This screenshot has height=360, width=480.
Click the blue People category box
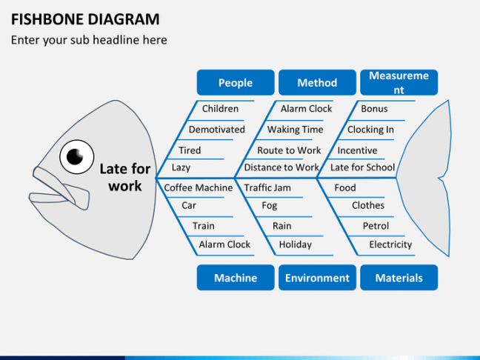click(236, 83)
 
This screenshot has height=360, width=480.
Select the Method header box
click(317, 83)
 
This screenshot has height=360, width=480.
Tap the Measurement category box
click(399, 83)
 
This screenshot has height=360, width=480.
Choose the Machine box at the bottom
click(236, 278)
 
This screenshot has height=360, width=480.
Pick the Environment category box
click(317, 278)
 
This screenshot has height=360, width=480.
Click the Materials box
click(399, 278)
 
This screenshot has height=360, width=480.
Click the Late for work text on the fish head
click(124, 178)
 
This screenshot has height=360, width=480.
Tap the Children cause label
click(220, 109)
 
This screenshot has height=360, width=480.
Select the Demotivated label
click(216, 130)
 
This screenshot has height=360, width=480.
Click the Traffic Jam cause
click(267, 188)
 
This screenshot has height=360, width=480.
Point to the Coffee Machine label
click(199, 188)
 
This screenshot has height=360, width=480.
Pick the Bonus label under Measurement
click(374, 109)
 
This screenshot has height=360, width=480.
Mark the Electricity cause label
click(390, 244)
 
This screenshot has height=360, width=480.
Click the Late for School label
click(362, 167)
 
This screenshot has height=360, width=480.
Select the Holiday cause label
click(295, 244)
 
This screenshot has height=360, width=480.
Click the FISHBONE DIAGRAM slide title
click(84, 19)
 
